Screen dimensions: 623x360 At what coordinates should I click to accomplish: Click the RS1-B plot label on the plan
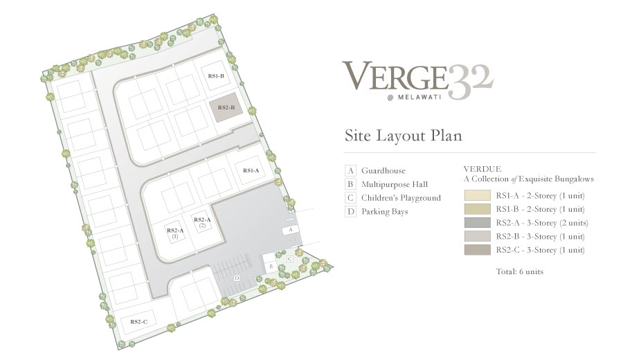pos(216,76)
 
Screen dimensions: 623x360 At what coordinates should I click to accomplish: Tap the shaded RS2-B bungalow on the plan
pos(226,108)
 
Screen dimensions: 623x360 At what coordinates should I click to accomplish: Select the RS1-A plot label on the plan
pos(251,170)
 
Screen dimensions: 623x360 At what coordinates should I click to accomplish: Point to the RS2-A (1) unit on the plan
pos(175,233)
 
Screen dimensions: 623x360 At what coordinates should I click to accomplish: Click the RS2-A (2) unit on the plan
pos(202,222)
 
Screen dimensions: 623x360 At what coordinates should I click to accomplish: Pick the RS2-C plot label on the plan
pos(138,321)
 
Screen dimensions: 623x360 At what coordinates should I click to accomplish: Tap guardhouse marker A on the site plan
pos(291,230)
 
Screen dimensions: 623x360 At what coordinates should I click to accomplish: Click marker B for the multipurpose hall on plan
pos(271,267)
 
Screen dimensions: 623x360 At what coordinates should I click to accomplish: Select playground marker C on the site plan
pos(290,259)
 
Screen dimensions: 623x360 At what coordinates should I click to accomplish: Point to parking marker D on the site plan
pos(237,278)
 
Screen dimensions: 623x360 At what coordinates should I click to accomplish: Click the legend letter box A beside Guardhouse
pos(350,171)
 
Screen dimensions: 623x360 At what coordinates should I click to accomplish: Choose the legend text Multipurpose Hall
pos(395,184)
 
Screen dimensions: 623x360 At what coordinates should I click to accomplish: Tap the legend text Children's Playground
pos(401,198)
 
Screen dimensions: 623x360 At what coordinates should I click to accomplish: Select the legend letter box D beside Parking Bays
pos(350,211)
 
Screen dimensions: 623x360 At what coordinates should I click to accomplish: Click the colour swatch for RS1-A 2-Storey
pos(477,195)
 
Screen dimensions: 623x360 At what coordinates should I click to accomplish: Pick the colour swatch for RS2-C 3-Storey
pos(477,250)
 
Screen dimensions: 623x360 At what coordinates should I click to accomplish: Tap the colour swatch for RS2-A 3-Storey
pos(477,222)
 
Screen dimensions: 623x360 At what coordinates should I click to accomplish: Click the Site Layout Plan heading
pos(404,136)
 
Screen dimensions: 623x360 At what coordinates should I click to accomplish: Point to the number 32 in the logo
pos(471,82)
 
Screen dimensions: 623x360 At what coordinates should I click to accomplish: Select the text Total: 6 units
pos(520,272)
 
